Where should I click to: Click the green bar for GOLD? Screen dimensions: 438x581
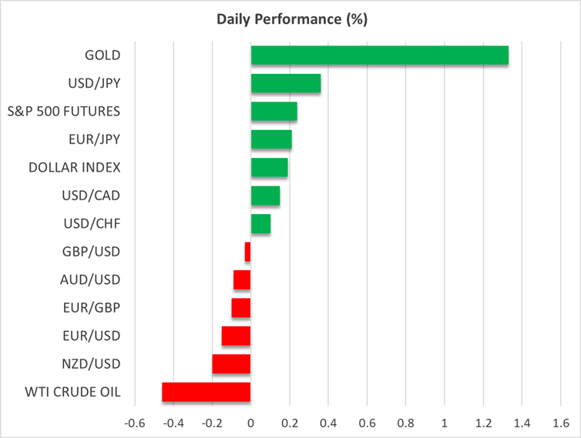point(379,55)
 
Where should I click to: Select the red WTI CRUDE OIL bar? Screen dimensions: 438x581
point(207,392)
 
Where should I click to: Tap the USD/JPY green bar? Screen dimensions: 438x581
point(285,83)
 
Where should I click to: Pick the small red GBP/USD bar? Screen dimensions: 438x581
point(247,252)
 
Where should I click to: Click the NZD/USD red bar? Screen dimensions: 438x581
point(231,364)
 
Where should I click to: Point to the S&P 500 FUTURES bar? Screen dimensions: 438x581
point(274,112)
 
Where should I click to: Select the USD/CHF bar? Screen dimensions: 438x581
point(260,224)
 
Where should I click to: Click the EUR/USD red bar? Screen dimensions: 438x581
point(236,336)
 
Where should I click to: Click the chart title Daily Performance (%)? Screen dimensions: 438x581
point(290,19)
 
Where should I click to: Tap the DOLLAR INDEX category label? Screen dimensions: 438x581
point(74,167)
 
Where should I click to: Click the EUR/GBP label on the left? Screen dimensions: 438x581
point(90,308)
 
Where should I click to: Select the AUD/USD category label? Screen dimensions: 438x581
point(89,279)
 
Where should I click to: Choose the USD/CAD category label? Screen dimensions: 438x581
point(91,196)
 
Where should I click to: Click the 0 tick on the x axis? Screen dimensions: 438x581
point(251,423)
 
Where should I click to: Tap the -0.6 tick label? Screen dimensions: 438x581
point(133,423)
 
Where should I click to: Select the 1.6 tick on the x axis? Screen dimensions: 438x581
point(561,423)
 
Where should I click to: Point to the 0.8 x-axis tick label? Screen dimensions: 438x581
point(406,423)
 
